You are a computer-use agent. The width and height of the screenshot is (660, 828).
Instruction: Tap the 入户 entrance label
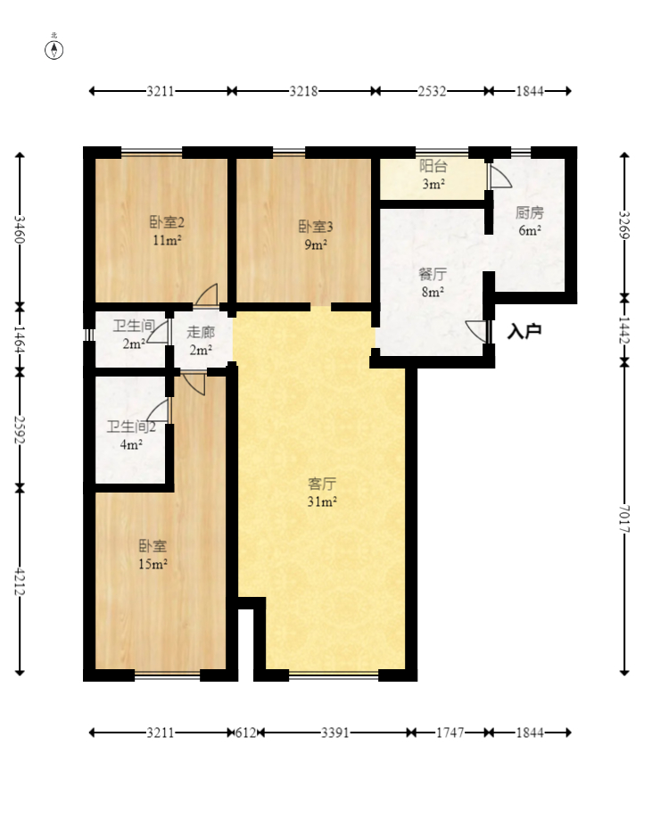(x=524, y=332)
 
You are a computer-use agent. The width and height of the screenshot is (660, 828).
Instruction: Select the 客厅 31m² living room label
(x=322, y=493)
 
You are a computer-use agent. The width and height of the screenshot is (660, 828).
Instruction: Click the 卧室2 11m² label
(x=167, y=231)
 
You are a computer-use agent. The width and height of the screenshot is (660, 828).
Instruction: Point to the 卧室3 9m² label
(x=316, y=236)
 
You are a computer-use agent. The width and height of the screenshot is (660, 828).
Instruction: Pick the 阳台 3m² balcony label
(x=433, y=175)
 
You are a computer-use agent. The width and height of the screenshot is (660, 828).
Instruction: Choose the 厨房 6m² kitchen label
(x=530, y=221)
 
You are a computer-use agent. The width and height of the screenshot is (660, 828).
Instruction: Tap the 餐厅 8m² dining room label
(x=433, y=283)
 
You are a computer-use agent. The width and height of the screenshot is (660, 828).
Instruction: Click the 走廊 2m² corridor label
(x=201, y=341)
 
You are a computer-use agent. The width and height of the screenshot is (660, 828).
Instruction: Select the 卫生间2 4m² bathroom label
(x=131, y=435)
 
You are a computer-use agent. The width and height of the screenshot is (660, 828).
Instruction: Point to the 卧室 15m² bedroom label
(x=153, y=554)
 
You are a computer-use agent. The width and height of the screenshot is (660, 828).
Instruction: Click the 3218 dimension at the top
(x=303, y=91)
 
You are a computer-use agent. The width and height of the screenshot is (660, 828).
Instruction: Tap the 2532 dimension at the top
(x=432, y=91)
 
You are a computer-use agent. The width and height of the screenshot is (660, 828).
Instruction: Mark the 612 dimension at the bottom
(x=245, y=733)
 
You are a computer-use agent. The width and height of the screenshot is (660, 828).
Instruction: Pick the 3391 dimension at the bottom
(x=335, y=733)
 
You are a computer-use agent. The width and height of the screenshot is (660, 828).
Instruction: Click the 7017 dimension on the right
(x=624, y=518)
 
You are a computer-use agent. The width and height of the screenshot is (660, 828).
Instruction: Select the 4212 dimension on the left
(x=20, y=581)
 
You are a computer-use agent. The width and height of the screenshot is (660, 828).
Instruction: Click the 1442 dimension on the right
(x=624, y=329)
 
